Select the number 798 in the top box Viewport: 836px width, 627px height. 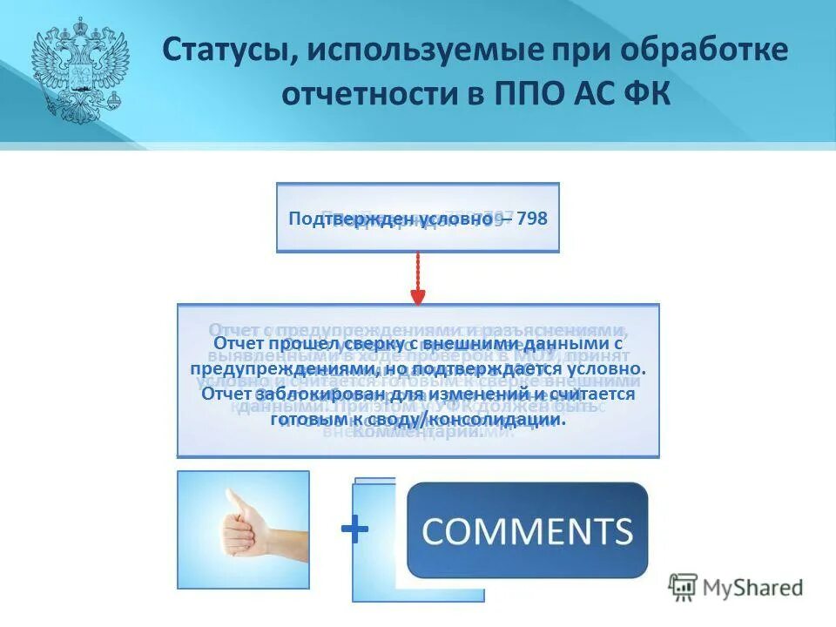click(x=532, y=219)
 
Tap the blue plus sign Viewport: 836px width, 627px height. click(x=354, y=529)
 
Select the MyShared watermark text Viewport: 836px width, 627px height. click(x=754, y=588)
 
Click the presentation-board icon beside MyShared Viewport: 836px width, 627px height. click(x=684, y=586)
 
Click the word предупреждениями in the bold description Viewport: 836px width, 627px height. click(x=278, y=369)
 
